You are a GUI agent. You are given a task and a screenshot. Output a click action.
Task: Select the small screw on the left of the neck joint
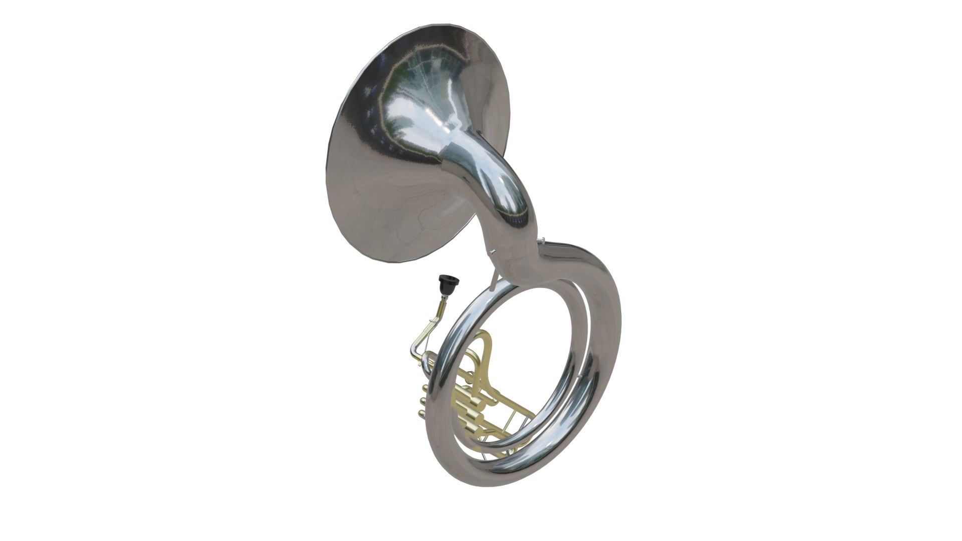(x=493, y=252)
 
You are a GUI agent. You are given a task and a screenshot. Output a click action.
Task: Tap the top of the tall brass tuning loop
(x=485, y=336)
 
